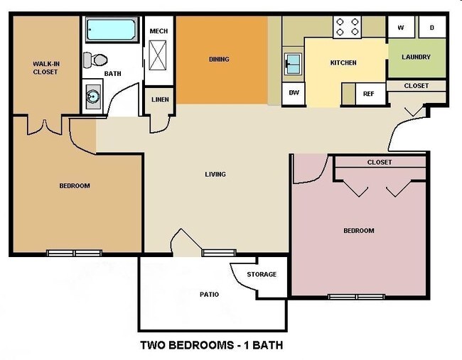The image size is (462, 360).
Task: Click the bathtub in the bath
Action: (x=112, y=31)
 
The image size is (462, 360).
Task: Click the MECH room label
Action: (x=159, y=31)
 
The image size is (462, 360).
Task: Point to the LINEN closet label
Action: (x=160, y=99)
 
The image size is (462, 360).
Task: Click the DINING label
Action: (x=219, y=59)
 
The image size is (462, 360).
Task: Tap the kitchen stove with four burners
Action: (x=348, y=27)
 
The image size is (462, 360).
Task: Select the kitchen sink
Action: (x=291, y=65)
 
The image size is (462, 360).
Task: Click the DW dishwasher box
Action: (x=293, y=92)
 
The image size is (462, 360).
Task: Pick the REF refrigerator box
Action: (x=368, y=93)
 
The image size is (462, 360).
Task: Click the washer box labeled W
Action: (x=401, y=28)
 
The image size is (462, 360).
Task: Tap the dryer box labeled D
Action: (x=431, y=28)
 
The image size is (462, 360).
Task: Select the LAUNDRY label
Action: (x=416, y=58)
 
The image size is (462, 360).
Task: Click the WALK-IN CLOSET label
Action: (x=45, y=67)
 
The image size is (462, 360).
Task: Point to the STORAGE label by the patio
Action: (x=261, y=274)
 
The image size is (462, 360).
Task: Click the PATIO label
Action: (x=209, y=294)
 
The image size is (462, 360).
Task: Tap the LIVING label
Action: (x=215, y=174)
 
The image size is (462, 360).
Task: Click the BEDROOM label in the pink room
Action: (x=358, y=231)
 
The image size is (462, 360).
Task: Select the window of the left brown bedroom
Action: (x=75, y=253)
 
